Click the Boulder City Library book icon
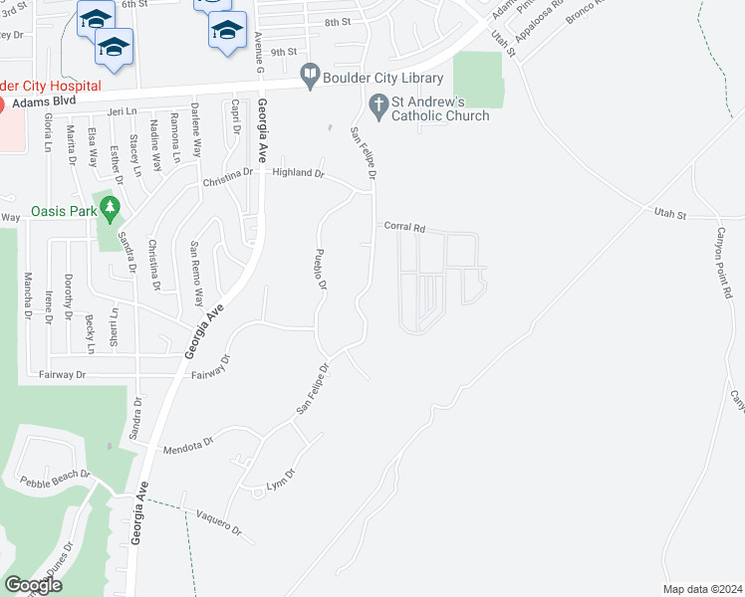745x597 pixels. (x=310, y=75)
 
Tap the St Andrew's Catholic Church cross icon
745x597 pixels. (x=378, y=102)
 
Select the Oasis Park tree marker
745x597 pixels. (x=112, y=209)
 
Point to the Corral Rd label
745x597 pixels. (x=404, y=228)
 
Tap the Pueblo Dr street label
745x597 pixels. (x=322, y=268)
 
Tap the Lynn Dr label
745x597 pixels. (x=282, y=480)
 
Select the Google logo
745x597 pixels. (x=33, y=585)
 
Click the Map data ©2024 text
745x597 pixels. (x=702, y=589)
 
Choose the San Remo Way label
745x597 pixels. (x=196, y=274)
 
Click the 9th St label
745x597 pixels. (x=284, y=52)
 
